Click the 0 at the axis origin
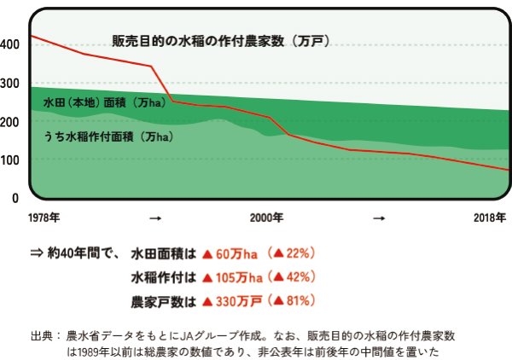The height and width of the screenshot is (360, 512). [x=15, y=198]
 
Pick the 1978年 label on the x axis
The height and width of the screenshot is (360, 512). [x=44, y=218]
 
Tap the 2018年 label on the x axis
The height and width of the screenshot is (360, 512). [x=490, y=218]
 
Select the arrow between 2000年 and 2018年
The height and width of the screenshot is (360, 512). [x=378, y=219]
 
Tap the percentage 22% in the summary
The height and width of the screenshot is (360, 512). [x=298, y=253]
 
